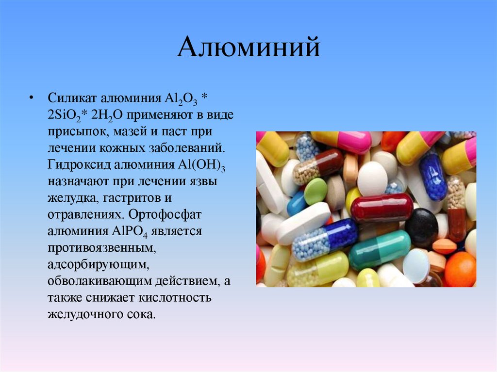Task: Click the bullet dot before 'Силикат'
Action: [32, 99]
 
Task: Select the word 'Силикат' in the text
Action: [71, 99]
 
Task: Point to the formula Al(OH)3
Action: [202, 165]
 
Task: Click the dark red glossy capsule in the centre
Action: [381, 208]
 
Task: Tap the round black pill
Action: [421, 227]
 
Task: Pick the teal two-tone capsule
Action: [380, 249]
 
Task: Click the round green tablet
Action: [315, 191]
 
